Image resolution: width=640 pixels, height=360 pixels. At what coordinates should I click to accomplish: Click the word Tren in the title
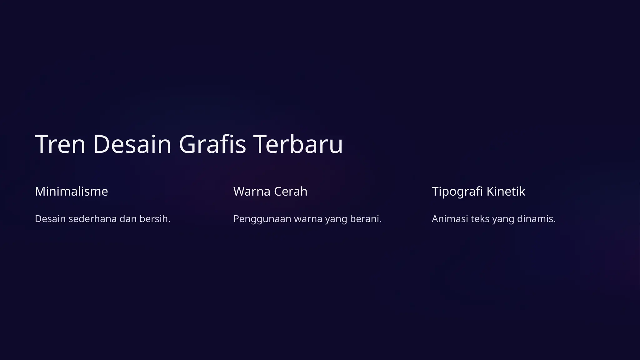click(x=60, y=144)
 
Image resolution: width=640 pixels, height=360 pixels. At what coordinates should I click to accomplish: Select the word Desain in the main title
click(x=132, y=144)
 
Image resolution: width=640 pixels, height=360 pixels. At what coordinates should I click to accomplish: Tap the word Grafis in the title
click(x=212, y=144)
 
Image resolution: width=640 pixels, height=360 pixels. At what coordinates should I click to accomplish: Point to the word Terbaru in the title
click(x=299, y=144)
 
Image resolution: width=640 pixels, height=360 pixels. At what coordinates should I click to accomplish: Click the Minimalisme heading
click(x=71, y=191)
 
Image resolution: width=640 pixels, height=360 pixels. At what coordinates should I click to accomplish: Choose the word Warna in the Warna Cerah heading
click(x=252, y=191)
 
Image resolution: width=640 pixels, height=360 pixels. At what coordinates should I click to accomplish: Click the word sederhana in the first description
click(x=92, y=219)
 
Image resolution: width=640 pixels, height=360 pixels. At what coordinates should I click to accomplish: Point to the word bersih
click(x=155, y=219)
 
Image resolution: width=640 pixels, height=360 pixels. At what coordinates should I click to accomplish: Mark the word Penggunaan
click(x=262, y=219)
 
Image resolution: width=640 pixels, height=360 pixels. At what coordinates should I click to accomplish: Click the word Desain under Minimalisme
click(x=50, y=219)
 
